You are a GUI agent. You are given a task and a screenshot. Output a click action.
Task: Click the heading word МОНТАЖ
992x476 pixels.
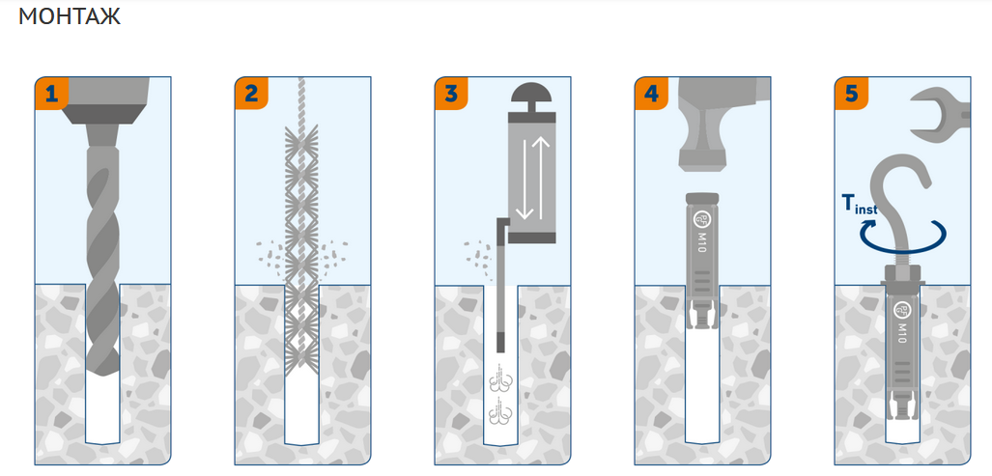pos(70,16)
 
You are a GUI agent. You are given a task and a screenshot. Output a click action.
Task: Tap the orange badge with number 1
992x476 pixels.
pos(50,94)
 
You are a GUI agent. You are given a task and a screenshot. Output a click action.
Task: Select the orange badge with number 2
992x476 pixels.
pos(251,94)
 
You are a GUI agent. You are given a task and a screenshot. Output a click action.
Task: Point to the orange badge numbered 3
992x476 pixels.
pos(451,94)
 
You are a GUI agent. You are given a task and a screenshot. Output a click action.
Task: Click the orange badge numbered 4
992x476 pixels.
pos(651,94)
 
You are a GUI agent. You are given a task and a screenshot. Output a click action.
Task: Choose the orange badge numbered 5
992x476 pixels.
pos(851,94)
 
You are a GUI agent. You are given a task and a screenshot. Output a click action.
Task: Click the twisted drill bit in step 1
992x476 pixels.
pos(102,259)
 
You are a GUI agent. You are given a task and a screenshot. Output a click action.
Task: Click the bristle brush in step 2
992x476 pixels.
pos(301,246)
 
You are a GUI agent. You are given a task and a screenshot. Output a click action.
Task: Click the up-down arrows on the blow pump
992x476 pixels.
pos(532,177)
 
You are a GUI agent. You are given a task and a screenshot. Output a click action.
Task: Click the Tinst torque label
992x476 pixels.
pos(860,205)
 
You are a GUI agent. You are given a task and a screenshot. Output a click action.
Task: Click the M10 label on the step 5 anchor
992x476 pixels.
pos(903,332)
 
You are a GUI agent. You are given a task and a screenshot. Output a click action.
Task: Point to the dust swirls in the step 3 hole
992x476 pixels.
pos(501,398)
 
